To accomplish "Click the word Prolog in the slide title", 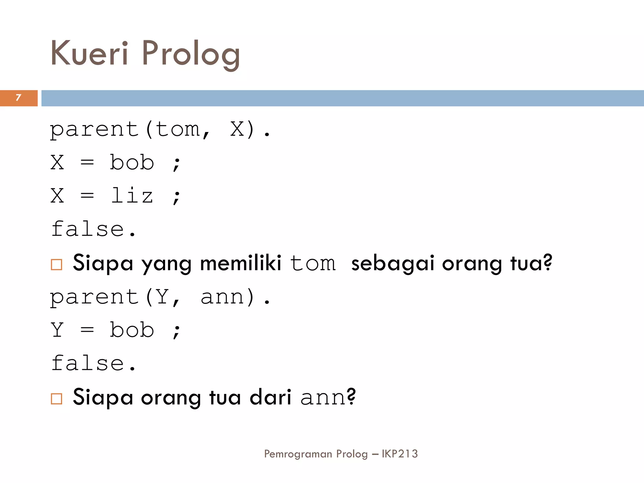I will pyautogui.click(x=191, y=54).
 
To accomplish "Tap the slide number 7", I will pyautogui.click(x=18, y=98).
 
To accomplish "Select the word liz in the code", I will pyautogui.click(x=132, y=196).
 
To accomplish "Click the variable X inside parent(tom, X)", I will pyautogui.click(x=237, y=129).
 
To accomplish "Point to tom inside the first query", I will pyautogui.click(x=178, y=129).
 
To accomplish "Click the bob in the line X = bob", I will pyautogui.click(x=132, y=163).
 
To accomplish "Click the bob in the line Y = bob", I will pyautogui.click(x=132, y=330).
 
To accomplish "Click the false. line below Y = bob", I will pyautogui.click(x=93, y=364).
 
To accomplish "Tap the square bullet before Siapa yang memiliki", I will pyautogui.click(x=57, y=264).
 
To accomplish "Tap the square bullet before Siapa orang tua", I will pyautogui.click(x=57, y=399).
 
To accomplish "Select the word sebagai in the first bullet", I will pyautogui.click(x=393, y=264).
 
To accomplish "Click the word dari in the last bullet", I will pyautogui.click(x=270, y=397).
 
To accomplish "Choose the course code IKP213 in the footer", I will pyautogui.click(x=400, y=454).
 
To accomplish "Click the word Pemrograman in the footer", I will pyautogui.click(x=298, y=454).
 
